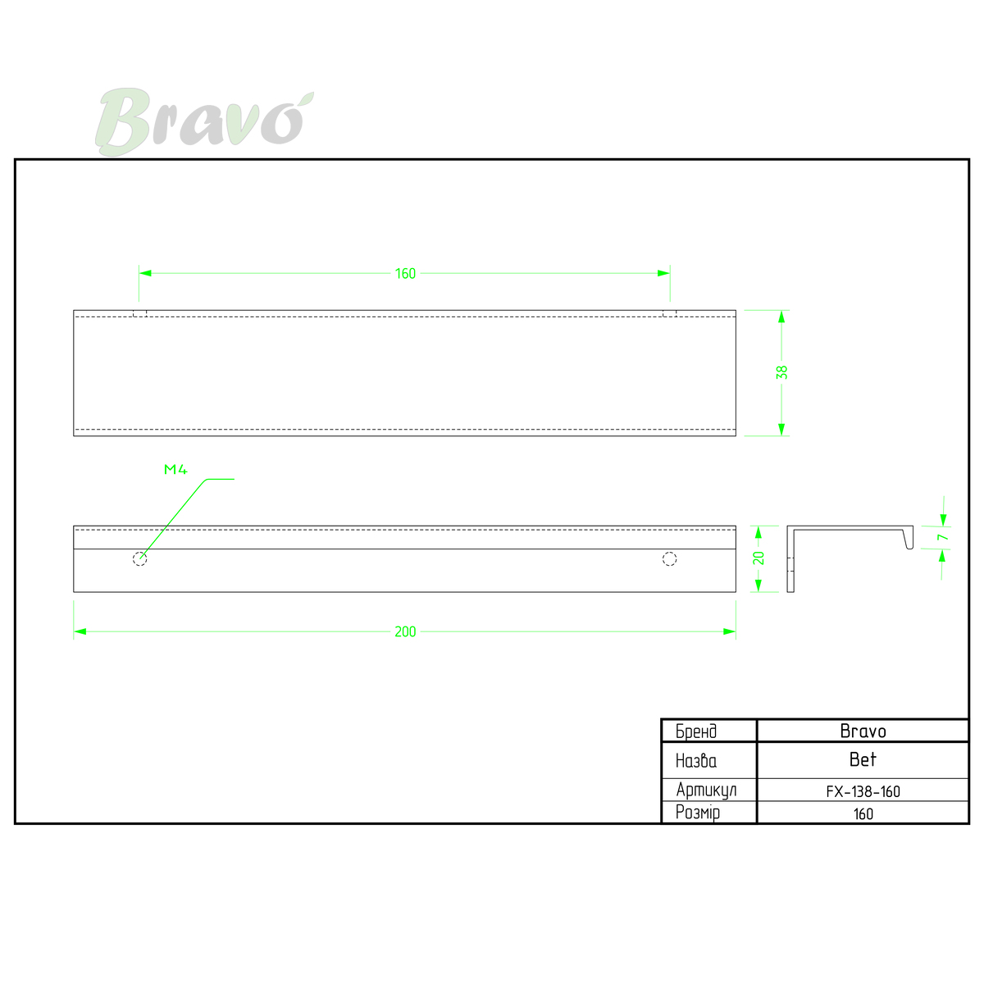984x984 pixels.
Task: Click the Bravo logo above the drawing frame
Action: click(x=204, y=121)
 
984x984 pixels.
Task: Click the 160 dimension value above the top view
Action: click(x=405, y=274)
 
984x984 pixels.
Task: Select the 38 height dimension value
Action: click(x=781, y=372)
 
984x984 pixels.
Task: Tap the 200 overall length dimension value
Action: click(x=405, y=632)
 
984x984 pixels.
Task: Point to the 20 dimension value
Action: click(x=758, y=558)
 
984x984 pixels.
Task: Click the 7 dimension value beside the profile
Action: click(x=943, y=537)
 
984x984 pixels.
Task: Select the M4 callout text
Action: click(x=175, y=469)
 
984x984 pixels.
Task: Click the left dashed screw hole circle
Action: click(x=140, y=559)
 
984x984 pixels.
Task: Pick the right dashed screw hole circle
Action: click(x=669, y=559)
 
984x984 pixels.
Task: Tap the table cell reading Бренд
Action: click(x=708, y=731)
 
